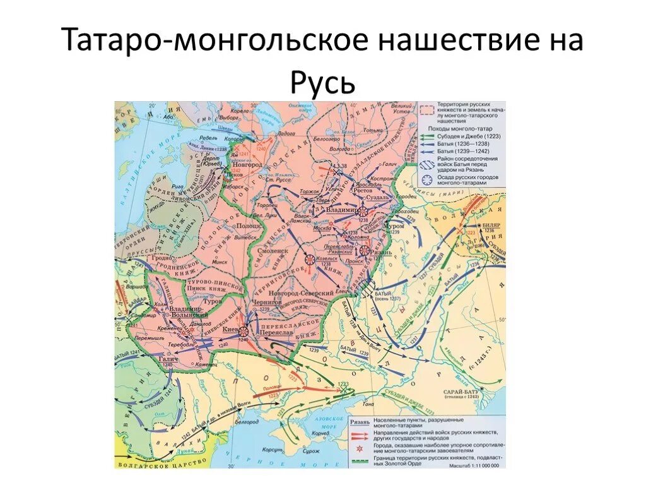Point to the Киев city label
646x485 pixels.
click(x=229, y=328)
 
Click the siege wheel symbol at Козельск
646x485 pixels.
click(x=310, y=259)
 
